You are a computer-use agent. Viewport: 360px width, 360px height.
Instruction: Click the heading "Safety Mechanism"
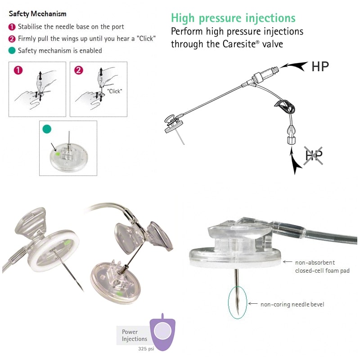pyautogui.click(x=37, y=14)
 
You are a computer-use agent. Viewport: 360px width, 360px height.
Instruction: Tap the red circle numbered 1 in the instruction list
pyautogui.click(x=12, y=27)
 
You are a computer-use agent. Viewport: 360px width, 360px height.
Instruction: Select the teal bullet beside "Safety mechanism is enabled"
pyautogui.click(x=12, y=50)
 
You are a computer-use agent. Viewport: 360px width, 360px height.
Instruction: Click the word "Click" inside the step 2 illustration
pyautogui.click(x=115, y=91)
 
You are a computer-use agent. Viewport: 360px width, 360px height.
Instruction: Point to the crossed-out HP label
pyautogui.click(x=314, y=156)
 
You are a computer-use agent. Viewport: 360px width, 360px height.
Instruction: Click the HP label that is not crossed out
pyautogui.click(x=320, y=66)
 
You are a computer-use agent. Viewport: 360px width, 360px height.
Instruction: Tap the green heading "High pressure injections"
pyautogui.click(x=233, y=18)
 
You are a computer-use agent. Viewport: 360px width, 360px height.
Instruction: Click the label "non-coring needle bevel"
pyautogui.click(x=292, y=305)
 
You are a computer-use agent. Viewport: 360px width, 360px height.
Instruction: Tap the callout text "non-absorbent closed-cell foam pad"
pyautogui.click(x=322, y=266)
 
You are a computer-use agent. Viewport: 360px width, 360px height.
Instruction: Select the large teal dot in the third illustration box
pyautogui.click(x=47, y=129)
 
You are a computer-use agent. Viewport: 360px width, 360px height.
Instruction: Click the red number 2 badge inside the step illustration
pyautogui.click(x=79, y=70)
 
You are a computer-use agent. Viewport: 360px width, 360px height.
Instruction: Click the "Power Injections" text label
pyautogui.click(x=134, y=336)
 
